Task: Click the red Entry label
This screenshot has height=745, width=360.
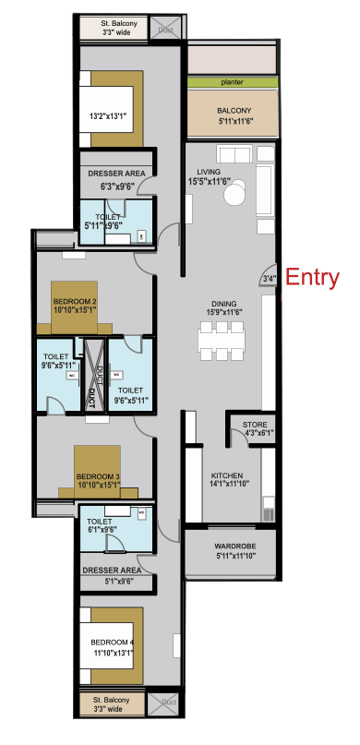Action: (313, 277)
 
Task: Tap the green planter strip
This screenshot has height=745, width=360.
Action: (232, 82)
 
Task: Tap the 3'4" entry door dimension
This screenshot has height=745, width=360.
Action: (269, 280)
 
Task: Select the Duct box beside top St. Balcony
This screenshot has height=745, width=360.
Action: (166, 29)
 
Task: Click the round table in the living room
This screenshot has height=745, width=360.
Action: (237, 195)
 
